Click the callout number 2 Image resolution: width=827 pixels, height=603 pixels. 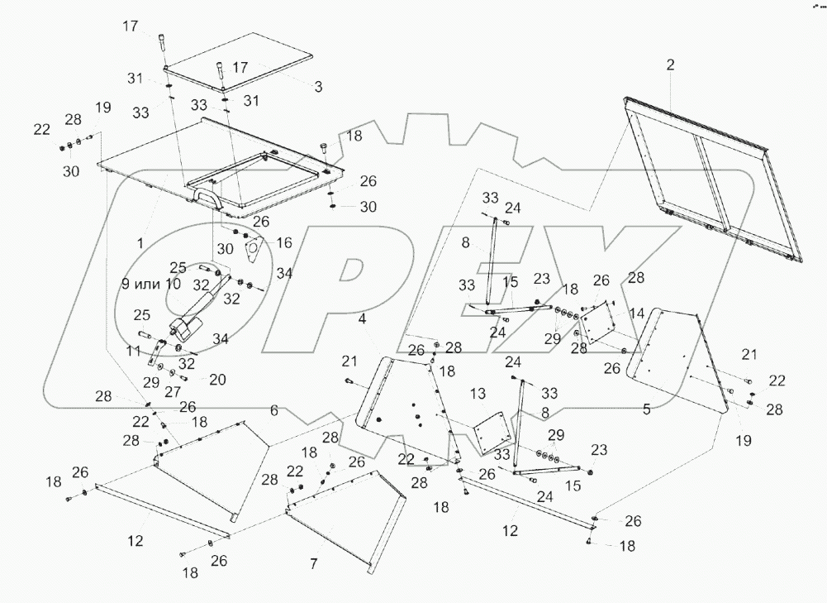coord(670,65)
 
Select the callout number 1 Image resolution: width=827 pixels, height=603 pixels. coord(140,244)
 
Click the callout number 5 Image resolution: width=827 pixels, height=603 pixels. coord(647,409)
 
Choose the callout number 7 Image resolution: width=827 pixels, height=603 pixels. coord(313,563)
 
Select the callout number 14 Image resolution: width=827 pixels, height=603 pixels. coord(636,313)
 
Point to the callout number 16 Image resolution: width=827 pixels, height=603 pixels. coord(285,242)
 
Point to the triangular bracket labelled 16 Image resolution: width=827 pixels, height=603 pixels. coord(255,248)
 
